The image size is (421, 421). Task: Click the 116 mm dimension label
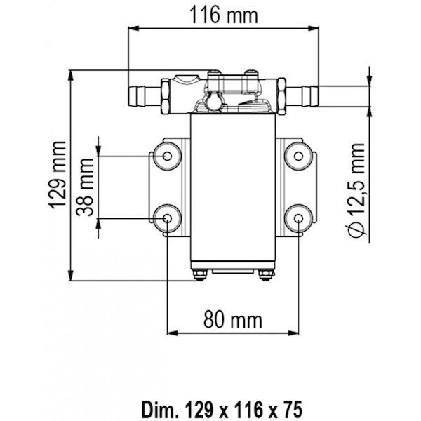pyautogui.click(x=224, y=15)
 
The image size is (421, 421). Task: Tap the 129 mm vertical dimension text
pyautogui.click(x=58, y=175)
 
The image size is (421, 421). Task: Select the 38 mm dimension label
pyautogui.click(x=85, y=187)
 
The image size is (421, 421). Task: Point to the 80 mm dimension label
pyautogui.click(x=232, y=320)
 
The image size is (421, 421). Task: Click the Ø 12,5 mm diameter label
pyautogui.click(x=356, y=190)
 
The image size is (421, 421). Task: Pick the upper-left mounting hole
pyautogui.click(x=167, y=156)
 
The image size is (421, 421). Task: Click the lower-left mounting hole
pyautogui.click(x=167, y=218)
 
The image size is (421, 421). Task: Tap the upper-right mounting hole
pyautogui.click(x=299, y=156)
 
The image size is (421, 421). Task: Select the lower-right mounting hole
pyautogui.click(x=299, y=218)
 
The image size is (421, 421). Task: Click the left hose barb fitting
pyautogui.click(x=145, y=96)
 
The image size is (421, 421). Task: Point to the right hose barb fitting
pyautogui.click(x=302, y=96)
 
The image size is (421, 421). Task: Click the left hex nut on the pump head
pyautogui.click(x=166, y=96)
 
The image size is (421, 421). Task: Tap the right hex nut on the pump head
pyautogui.click(x=281, y=96)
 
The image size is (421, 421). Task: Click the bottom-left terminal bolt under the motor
pyautogui.click(x=200, y=275)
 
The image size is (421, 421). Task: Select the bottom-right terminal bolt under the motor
pyautogui.click(x=266, y=275)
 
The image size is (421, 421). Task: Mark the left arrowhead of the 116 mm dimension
pyautogui.click(x=133, y=28)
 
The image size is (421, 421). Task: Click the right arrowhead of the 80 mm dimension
pyautogui.click(x=293, y=333)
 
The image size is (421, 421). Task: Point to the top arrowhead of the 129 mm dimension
pyautogui.click(x=71, y=76)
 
